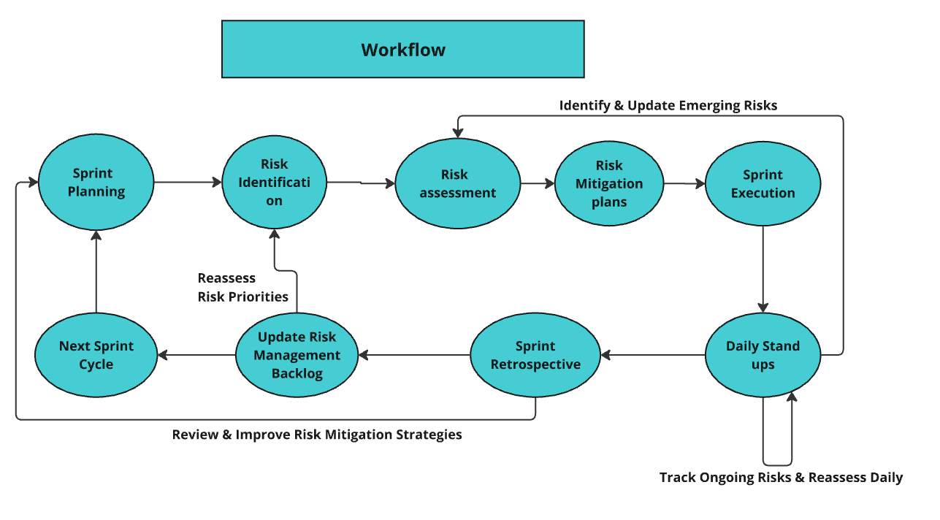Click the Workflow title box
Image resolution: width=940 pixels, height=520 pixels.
(402, 49)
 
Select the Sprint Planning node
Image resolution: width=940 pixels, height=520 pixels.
(96, 183)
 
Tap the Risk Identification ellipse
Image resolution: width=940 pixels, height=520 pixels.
(274, 183)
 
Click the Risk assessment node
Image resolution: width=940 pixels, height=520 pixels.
(458, 183)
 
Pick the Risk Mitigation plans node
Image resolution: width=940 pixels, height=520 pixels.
(609, 183)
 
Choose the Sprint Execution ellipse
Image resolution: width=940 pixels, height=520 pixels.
(763, 183)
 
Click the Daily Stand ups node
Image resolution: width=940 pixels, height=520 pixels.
(763, 355)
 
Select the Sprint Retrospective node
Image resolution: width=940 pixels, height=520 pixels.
(535, 355)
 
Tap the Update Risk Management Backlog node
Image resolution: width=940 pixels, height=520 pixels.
(297, 355)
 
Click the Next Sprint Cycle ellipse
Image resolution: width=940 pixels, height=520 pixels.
(96, 355)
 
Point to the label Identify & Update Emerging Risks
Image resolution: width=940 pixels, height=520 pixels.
(668, 105)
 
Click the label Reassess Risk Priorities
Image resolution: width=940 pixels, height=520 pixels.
(242, 287)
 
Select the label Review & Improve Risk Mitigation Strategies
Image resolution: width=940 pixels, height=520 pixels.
(317, 435)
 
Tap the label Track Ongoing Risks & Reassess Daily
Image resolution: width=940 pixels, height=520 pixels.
(781, 478)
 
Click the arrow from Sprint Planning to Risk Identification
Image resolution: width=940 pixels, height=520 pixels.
(188, 183)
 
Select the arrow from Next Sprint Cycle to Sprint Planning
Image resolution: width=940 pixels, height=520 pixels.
(96, 270)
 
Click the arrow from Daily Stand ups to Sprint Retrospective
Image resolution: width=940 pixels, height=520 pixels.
(652, 356)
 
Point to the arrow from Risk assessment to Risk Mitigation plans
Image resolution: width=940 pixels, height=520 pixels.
(538, 184)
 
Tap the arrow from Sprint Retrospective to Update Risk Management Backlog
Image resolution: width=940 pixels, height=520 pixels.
(413, 356)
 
